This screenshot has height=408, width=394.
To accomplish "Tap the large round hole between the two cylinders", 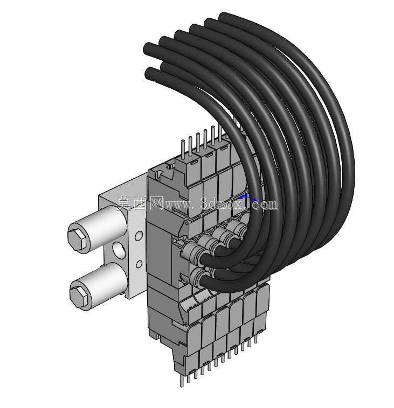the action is pos(119,250).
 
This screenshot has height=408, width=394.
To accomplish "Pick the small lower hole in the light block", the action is pos(139,264).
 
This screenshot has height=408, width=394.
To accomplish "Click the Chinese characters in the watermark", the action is pos(140,203).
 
